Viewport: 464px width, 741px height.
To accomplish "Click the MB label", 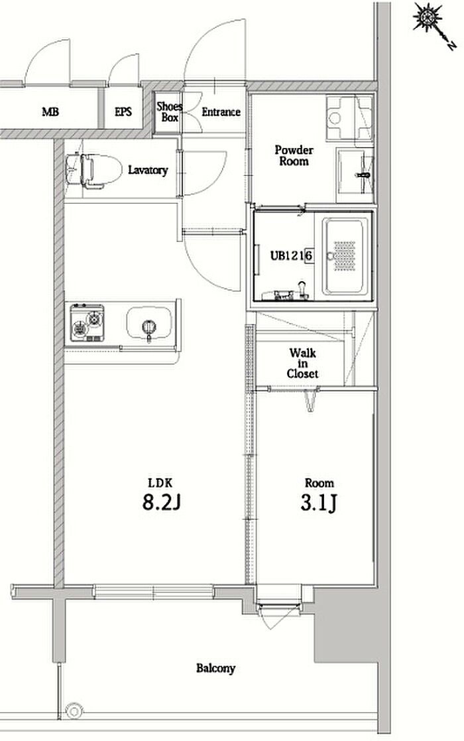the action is pyautogui.click(x=50, y=112).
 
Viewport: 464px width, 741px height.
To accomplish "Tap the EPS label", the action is pyautogui.click(x=123, y=112).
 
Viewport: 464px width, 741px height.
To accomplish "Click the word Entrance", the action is pyautogui.click(x=221, y=112).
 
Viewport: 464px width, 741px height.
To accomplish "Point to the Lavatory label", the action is pyautogui.click(x=148, y=170).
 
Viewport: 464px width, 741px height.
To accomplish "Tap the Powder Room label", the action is pyautogui.click(x=294, y=156).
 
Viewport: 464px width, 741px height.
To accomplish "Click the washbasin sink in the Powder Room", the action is pyautogui.click(x=355, y=175).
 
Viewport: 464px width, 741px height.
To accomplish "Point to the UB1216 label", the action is pyautogui.click(x=292, y=255).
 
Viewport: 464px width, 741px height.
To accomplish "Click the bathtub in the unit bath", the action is pyautogui.click(x=345, y=256).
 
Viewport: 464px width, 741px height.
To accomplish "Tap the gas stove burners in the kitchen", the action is pyautogui.click(x=87, y=323).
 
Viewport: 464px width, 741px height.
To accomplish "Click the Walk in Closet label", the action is pyautogui.click(x=302, y=363).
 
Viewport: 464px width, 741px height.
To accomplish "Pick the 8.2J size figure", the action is pyautogui.click(x=162, y=503).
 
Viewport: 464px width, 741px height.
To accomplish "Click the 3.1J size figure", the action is pyautogui.click(x=319, y=503).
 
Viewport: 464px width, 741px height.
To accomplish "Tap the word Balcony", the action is pyautogui.click(x=215, y=668).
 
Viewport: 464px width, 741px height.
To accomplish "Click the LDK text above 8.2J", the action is pyautogui.click(x=160, y=483).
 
